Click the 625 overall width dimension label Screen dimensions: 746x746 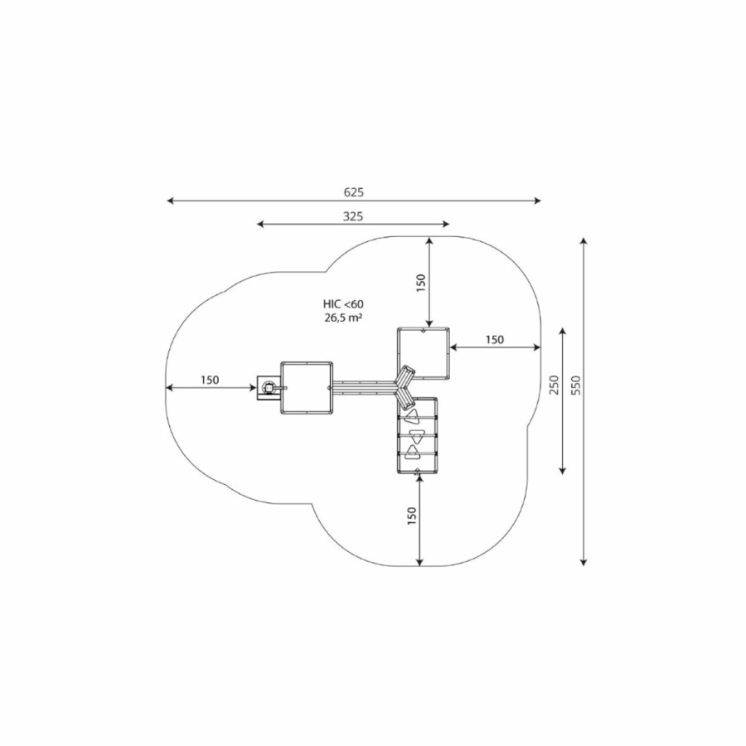click(x=353, y=192)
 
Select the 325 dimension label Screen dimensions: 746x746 click(x=353, y=216)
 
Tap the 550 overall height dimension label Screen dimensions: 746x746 click(x=576, y=385)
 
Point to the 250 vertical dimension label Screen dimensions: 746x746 click(x=555, y=385)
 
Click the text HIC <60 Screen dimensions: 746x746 click(x=343, y=304)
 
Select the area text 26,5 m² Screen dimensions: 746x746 click(x=342, y=317)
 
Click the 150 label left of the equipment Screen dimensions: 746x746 click(x=210, y=380)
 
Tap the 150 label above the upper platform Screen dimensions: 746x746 click(x=420, y=283)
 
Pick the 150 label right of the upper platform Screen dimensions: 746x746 click(x=495, y=340)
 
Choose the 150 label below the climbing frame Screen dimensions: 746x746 click(x=412, y=516)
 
